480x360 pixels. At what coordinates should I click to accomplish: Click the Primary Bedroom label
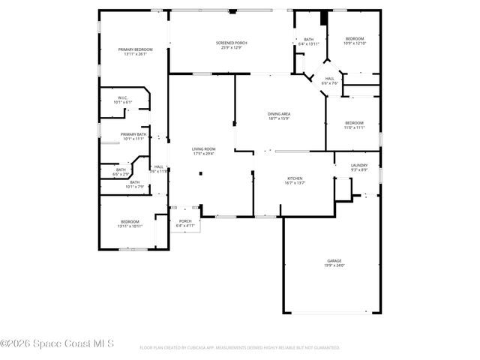[134, 49]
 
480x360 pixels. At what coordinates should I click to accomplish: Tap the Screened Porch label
[230, 43]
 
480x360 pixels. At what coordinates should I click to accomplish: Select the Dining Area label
[279, 113]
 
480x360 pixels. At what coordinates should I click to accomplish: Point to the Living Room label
[203, 148]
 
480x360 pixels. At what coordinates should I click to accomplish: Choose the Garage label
[334, 260]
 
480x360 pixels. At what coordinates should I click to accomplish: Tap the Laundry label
[359, 165]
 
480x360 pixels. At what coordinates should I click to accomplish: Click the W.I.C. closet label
[121, 97]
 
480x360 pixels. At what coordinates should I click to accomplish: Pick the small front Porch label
[184, 221]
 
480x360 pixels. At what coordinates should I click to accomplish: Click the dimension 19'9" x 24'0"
[334, 265]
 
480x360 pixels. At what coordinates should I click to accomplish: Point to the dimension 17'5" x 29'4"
[203, 154]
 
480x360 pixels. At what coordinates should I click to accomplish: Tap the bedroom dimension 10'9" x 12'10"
[355, 43]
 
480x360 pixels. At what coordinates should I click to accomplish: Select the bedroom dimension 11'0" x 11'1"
[354, 127]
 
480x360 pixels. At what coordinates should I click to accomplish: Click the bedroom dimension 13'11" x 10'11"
[130, 226]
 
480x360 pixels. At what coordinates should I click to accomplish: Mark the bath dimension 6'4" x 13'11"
[308, 43]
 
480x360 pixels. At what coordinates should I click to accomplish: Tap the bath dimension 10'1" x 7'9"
[134, 187]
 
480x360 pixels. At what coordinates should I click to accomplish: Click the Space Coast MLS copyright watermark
[57, 344]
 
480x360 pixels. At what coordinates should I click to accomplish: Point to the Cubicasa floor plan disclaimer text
[239, 348]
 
